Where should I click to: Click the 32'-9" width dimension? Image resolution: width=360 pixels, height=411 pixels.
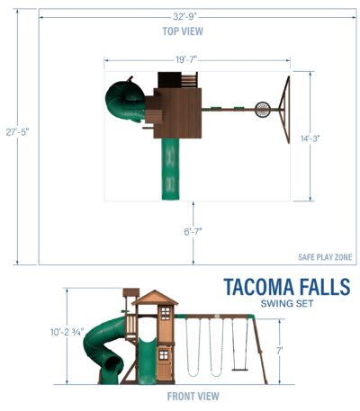(184, 16)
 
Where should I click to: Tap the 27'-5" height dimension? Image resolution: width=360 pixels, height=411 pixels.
(17, 132)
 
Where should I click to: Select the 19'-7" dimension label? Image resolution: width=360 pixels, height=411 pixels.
(186, 60)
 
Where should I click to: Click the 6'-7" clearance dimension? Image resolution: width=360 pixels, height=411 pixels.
(193, 231)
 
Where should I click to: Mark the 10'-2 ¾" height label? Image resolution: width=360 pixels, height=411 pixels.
(67, 332)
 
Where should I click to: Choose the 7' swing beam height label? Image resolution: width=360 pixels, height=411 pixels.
(279, 351)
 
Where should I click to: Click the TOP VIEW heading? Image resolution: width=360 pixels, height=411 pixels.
(183, 31)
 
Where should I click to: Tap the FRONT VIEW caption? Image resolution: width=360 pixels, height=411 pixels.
(193, 396)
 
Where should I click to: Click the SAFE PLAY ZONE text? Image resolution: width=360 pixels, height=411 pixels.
(325, 257)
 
